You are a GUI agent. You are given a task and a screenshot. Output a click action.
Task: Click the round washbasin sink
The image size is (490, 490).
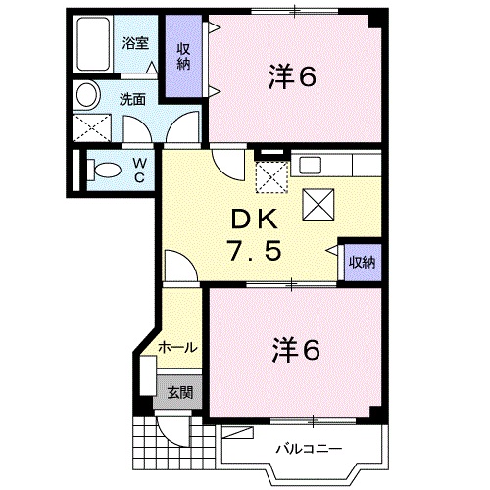87,95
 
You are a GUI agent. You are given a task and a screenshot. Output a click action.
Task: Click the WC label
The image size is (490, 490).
140,170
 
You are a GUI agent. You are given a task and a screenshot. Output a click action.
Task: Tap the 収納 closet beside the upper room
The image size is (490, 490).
183,58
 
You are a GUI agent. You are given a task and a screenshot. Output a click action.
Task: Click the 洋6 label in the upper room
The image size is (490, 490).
291,77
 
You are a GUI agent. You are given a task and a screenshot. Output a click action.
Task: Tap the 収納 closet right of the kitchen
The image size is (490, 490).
361,262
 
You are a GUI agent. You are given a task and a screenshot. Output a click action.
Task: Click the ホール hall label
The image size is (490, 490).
178,347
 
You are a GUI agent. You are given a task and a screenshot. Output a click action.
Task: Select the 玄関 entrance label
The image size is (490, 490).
178,392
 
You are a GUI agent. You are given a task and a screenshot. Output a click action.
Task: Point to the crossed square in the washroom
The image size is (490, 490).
91,128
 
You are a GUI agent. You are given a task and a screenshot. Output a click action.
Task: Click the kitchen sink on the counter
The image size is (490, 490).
310,165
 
